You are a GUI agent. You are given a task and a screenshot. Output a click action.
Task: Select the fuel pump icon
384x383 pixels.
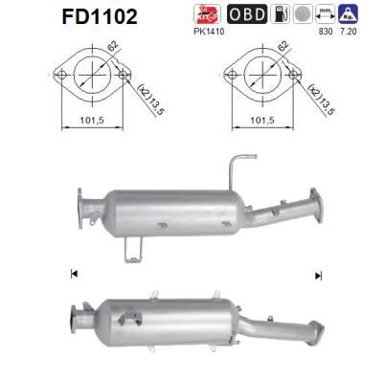click(276, 15)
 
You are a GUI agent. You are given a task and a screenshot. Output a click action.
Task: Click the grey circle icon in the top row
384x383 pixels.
click(301, 15)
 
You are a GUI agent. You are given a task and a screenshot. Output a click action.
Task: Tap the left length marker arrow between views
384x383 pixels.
click(74, 275)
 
